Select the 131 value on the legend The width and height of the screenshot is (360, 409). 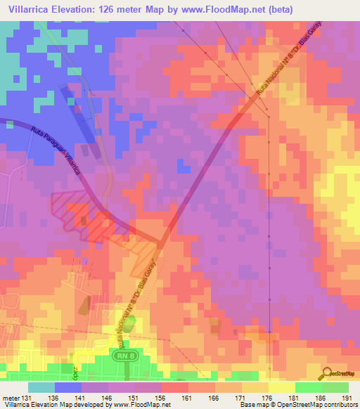coord(27,398)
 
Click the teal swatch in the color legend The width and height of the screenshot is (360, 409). coord(41,387)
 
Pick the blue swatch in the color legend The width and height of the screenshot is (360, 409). coord(68,387)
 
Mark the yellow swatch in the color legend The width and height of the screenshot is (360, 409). coord(281,387)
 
